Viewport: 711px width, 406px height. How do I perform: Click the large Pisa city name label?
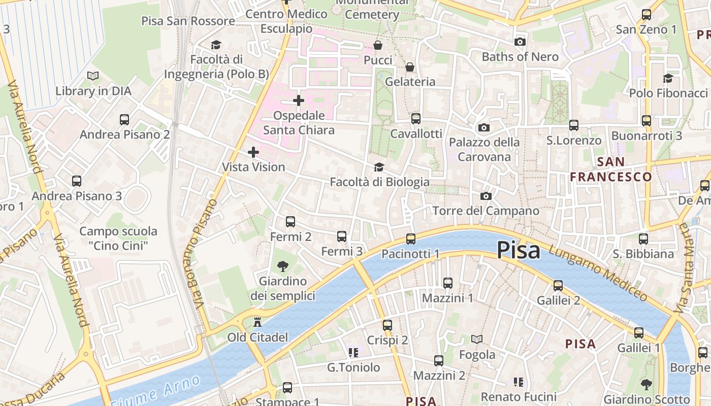pos(518,250)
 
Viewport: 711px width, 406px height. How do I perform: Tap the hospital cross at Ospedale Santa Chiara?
pos(299,100)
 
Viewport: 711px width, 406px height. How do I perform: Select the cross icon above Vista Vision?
pos(253,152)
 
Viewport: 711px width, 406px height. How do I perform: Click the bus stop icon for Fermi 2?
pos(290,222)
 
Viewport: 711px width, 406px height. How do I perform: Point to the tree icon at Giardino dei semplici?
pos(282,266)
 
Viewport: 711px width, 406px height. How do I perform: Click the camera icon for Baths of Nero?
pos(520,42)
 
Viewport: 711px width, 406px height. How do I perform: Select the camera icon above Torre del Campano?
pos(486,196)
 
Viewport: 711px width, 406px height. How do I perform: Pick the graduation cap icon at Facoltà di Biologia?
pos(379,167)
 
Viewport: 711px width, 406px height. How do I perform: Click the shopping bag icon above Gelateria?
pos(410,67)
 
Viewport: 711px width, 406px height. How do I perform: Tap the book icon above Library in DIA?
pos(92,76)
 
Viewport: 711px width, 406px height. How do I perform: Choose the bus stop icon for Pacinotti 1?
pos(410,239)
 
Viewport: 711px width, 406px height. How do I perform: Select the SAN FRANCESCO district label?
pos(610,170)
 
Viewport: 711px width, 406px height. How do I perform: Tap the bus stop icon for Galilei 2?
pos(558,286)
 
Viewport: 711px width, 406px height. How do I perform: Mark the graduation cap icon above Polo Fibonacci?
pos(668,78)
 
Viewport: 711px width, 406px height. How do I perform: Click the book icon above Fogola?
pos(477,339)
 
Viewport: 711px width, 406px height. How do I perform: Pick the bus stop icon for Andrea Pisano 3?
pos(77,181)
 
